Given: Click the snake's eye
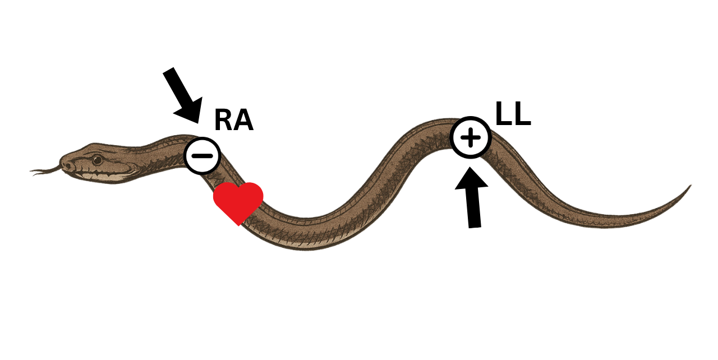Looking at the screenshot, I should coord(98,159).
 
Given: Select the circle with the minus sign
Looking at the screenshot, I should coord(202,155).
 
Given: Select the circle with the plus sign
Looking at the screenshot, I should coord(471,137).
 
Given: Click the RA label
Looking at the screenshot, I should coord(233,121).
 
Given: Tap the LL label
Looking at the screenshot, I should coord(513,114).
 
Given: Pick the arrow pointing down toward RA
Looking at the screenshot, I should coord(182,94).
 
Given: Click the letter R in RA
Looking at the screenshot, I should coord(223,121).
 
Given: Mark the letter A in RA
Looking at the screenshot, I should coord(243,121).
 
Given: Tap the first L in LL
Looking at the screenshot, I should coord(503,114).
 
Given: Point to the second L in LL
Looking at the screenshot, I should coord(522,114).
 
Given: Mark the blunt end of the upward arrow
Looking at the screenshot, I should coord(475,226).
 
